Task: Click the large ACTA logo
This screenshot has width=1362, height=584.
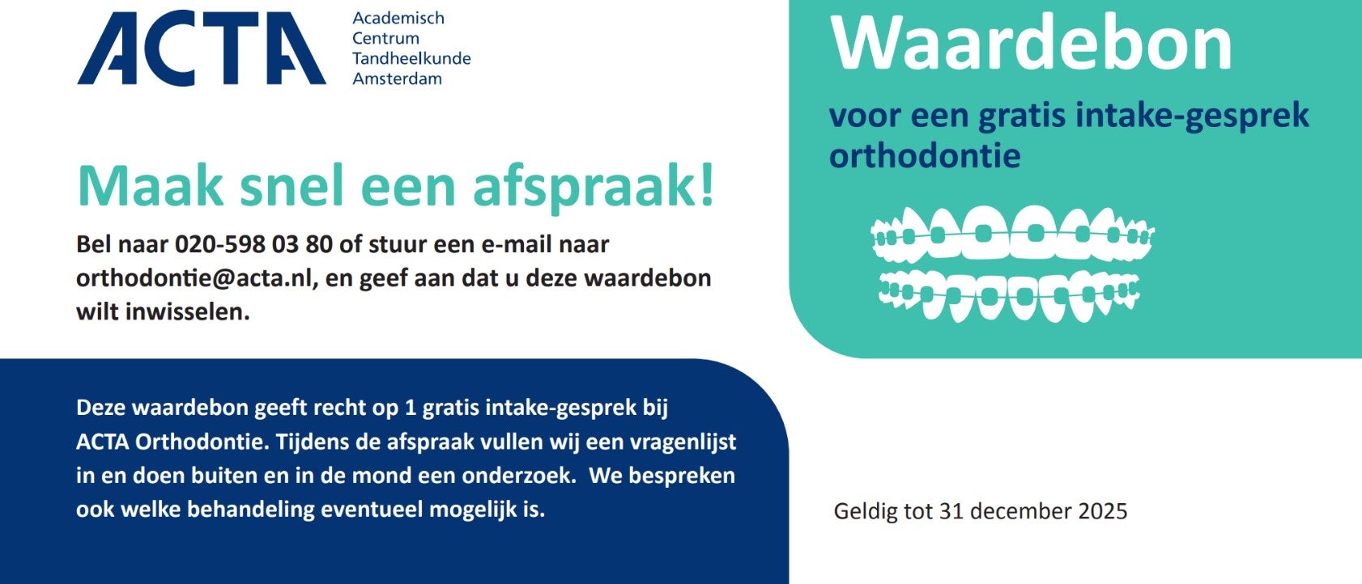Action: point(201,49)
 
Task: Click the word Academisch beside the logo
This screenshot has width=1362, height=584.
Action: point(398,18)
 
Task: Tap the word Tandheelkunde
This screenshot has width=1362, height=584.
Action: point(411,58)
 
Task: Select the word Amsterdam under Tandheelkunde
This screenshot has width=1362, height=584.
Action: point(397,78)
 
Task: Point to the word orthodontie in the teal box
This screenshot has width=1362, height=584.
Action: point(924,155)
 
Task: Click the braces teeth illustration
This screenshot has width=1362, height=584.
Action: point(1012,264)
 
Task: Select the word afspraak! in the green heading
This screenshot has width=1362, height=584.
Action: point(594,185)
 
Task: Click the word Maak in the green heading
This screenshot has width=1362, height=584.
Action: point(150,185)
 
